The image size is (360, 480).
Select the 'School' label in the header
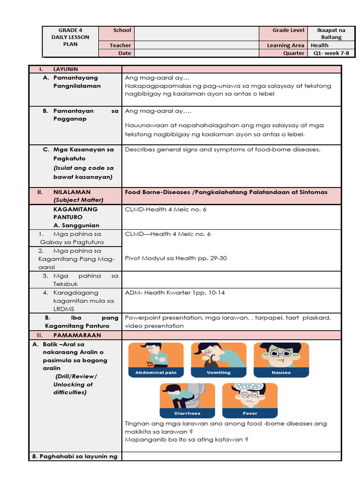tap(122, 30)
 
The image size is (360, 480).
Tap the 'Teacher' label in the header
tap(120, 45)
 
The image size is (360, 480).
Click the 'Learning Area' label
tap(285, 45)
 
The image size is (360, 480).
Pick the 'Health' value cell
tap(319, 45)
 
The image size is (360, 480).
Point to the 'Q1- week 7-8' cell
tap(331, 53)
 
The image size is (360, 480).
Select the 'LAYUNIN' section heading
tap(66, 69)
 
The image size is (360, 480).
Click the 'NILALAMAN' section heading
tap(72, 192)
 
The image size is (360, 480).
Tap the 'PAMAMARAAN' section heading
tap(77, 336)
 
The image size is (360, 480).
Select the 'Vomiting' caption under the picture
tap(218, 373)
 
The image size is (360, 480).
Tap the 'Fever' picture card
tap(249, 401)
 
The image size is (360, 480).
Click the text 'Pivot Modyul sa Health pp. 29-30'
tap(176, 258)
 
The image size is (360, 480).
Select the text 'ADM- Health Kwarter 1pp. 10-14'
tap(175, 292)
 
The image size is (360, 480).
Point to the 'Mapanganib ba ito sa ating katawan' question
tap(186, 440)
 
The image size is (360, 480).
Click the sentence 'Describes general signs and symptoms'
tap(223, 150)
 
